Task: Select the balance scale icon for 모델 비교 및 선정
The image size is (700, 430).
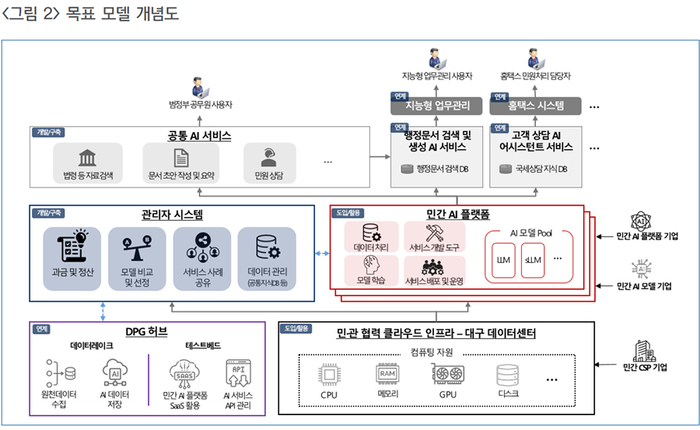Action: pyautogui.click(x=135, y=245)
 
